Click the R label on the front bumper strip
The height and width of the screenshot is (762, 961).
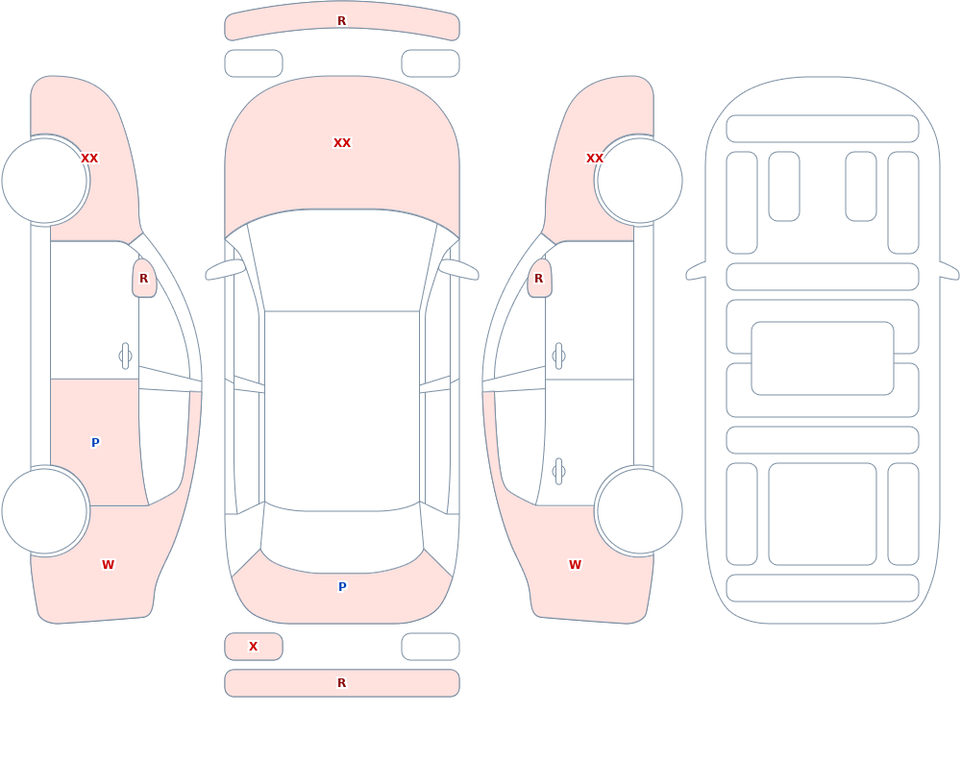341,21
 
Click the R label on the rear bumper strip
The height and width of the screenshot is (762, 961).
341,683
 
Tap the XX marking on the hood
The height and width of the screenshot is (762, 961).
342,143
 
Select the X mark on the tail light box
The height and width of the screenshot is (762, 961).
253,646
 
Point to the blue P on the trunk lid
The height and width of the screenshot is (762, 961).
342,587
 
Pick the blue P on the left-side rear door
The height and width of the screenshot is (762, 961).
95,443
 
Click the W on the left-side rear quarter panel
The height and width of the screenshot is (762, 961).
108,565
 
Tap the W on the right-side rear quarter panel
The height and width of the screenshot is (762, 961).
575,565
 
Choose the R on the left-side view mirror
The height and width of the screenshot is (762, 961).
143,279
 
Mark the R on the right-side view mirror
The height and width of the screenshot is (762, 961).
539,279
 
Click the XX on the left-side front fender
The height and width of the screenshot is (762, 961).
89,159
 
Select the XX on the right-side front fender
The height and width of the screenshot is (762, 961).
595,159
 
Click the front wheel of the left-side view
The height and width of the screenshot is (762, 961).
44,181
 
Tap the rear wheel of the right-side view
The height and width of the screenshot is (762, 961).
639,510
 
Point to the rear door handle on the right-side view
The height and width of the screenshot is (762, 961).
558,472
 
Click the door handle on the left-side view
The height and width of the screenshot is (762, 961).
125,356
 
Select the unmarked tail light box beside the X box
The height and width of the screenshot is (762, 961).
431,647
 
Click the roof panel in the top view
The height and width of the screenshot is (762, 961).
342,410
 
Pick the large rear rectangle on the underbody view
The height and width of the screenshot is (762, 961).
823,514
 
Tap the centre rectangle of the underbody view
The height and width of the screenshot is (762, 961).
823,358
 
